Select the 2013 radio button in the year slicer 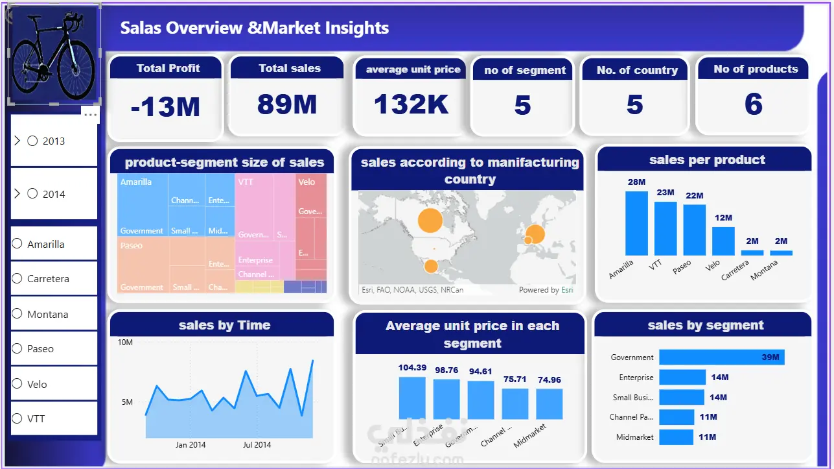point(33,141)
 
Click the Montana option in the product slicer point(17,314)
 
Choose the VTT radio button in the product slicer point(17,419)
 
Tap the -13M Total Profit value point(165,106)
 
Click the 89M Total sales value point(286,104)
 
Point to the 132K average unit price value point(411,104)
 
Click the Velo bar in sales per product point(723,241)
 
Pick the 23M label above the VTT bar point(666,192)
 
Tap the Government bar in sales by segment point(721,357)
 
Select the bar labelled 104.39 point(412,397)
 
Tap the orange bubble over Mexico point(430,266)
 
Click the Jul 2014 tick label point(257,445)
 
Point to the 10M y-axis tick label point(125,342)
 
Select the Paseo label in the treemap point(132,246)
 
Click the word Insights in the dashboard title point(357,28)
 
